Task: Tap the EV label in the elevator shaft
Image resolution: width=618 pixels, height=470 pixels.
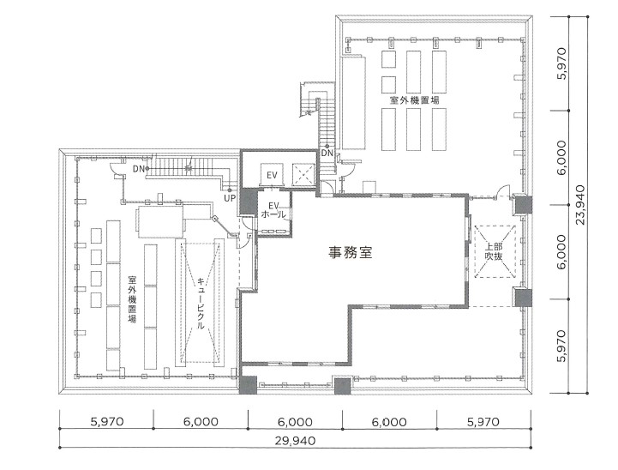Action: pos(272,175)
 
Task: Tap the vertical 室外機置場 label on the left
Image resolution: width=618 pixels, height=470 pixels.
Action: pos(132,298)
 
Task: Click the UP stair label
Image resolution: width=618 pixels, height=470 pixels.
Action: pos(229,198)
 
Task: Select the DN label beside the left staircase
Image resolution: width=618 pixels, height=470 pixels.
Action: pos(139,169)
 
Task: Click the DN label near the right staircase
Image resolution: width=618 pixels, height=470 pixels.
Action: pos(327,154)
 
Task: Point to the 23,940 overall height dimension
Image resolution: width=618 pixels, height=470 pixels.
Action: pos(582,202)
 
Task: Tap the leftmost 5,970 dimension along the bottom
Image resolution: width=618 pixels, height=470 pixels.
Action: pos(106,422)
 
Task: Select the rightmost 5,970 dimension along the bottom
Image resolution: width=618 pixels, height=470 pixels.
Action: pos(483,422)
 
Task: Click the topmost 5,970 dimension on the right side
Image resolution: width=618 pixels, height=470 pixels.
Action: pos(562,64)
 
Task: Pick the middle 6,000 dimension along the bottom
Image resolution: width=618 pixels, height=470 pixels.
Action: pos(295,422)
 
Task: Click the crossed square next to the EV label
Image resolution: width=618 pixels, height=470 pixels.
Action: pos(304,174)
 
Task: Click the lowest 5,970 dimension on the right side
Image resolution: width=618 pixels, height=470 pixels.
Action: pos(562,346)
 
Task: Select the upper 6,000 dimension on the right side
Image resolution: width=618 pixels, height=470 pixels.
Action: pos(562,158)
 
